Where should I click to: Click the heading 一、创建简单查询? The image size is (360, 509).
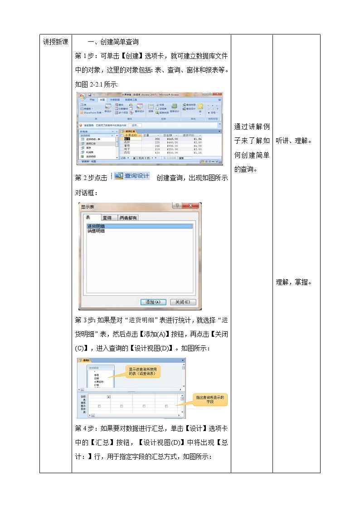coord(110,42)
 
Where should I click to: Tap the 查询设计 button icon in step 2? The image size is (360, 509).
coord(131,176)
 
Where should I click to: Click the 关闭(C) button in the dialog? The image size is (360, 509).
coord(183,302)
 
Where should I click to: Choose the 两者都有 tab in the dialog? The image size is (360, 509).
coord(128,218)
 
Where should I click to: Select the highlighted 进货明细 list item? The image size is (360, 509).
coord(96,226)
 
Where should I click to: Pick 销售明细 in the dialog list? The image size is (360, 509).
coord(96,231)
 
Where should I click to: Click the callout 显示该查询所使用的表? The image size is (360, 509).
coord(143,371)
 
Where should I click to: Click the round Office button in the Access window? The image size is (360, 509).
coord(82,97)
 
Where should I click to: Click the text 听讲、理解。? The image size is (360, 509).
coord(294,141)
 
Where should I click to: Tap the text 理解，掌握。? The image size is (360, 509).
coord(294,282)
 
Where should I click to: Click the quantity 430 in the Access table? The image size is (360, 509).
coord(157,153)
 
